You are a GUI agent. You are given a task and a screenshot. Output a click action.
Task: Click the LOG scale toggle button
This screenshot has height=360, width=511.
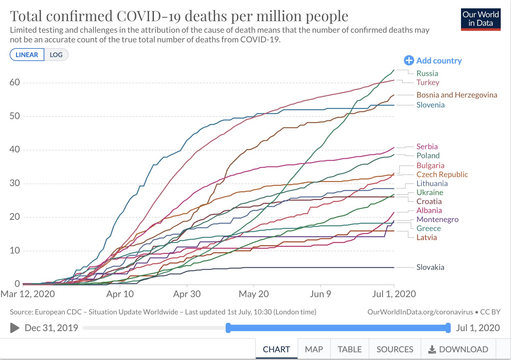coord(56,55)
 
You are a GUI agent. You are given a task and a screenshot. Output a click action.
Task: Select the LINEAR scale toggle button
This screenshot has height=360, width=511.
coord(27,55)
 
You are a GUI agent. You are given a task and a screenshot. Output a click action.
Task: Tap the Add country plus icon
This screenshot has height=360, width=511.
coord(409,60)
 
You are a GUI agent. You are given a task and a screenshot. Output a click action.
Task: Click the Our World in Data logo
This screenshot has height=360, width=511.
coord(481,19)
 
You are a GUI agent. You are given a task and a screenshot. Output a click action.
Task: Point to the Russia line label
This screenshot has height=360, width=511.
coord(427,73)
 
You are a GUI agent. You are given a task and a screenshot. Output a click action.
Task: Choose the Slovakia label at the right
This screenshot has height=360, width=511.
coord(430,267)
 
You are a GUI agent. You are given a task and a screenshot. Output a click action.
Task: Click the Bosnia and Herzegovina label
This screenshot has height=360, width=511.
coord(457,95)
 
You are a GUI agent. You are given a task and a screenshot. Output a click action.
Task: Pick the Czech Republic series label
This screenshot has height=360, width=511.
coord(442,175)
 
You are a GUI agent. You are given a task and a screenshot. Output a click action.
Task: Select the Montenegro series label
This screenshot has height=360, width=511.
coord(437,219)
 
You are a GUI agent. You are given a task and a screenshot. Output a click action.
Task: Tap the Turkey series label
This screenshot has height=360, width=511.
coord(428,82)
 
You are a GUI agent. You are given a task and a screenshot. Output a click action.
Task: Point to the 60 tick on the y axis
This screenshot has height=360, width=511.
coord(15,82)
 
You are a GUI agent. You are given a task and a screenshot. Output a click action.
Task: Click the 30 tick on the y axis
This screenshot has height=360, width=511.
coord(15,183)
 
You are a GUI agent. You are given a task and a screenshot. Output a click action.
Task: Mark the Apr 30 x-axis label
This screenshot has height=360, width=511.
coord(187,294)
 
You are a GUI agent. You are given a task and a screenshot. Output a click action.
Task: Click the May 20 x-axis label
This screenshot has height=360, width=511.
coord(254,294)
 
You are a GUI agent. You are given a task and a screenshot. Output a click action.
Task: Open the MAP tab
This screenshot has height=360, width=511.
coord(314,349)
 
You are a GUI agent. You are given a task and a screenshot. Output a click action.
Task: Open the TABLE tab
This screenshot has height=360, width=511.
coord(349,349)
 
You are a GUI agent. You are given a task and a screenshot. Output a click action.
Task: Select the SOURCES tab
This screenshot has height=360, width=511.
coord(395,349)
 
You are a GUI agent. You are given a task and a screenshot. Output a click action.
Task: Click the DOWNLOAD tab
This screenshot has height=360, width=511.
coord(458,349)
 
